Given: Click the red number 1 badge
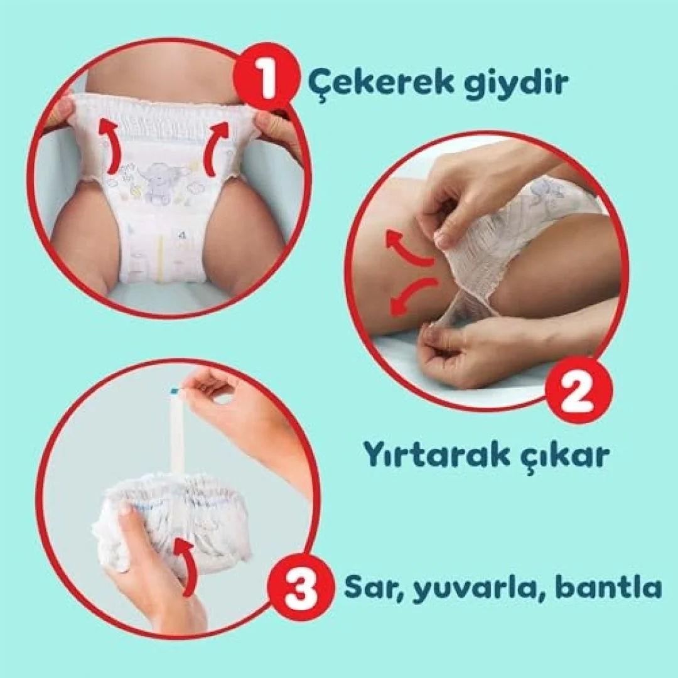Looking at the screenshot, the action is [x=266, y=77].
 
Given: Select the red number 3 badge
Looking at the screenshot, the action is [x=301, y=587].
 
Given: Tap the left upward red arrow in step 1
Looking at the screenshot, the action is [x=109, y=146].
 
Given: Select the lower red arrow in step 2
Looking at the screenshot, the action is [x=411, y=294].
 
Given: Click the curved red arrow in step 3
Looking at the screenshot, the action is [x=186, y=565].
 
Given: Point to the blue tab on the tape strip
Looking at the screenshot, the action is [x=174, y=391].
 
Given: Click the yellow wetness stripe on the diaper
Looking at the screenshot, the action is [x=161, y=259].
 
